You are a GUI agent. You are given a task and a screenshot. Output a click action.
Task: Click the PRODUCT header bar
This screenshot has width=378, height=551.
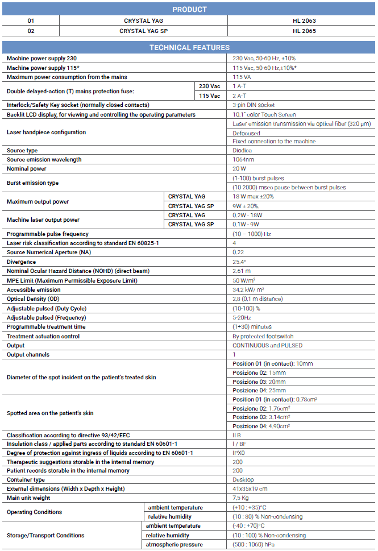(x=189, y=9)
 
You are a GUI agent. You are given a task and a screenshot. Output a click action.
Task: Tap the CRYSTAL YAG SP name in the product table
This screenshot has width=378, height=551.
(x=143, y=31)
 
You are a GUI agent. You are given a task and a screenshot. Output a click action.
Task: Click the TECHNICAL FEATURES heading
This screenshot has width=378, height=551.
(x=189, y=47)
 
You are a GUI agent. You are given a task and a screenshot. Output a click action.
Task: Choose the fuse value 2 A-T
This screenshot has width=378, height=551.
(x=239, y=96)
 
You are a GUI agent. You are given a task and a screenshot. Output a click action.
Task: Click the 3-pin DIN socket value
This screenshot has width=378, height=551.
(x=254, y=105)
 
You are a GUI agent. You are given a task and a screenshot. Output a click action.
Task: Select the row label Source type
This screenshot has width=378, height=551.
(x=22, y=151)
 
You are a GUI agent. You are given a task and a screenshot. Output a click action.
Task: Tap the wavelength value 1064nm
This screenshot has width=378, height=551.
(x=244, y=160)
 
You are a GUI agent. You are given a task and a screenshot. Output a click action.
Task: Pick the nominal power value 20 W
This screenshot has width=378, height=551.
(x=239, y=169)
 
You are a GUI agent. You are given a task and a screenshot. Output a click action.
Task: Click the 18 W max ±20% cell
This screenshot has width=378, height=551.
(x=253, y=196)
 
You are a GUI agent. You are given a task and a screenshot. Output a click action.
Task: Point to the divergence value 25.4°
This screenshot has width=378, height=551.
(x=239, y=262)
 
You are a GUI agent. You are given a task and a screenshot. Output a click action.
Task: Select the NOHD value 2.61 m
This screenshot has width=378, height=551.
(x=242, y=271)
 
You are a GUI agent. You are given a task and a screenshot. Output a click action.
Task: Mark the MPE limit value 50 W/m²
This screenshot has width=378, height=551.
(x=244, y=280)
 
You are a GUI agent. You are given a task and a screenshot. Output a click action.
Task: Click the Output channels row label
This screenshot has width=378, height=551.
(x=28, y=354)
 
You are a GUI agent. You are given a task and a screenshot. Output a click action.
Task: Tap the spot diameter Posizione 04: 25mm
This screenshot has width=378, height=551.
(x=259, y=390)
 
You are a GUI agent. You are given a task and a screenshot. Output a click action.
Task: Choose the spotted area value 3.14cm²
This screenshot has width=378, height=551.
(x=259, y=417)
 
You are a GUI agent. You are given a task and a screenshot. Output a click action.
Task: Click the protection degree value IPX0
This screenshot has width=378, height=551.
(x=238, y=453)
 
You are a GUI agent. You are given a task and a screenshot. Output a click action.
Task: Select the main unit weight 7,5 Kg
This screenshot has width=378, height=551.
(x=240, y=498)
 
